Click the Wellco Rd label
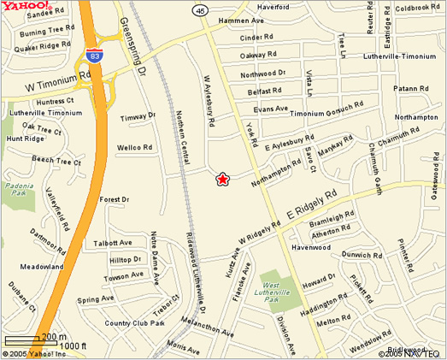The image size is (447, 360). click(x=134, y=147)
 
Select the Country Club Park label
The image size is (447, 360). click(x=134, y=323)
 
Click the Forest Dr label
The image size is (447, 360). click(x=114, y=199)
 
